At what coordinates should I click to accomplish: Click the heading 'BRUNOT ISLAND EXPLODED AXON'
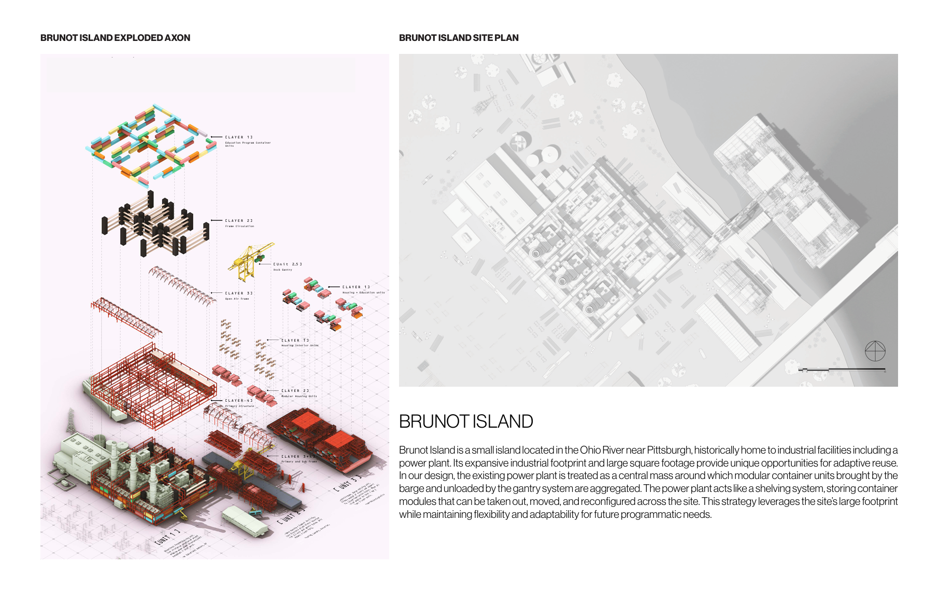click(115, 38)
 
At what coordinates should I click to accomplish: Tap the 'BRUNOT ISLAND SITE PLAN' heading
click(459, 38)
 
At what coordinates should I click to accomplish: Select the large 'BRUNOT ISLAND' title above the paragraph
click(466, 421)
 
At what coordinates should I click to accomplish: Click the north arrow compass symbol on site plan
click(875, 351)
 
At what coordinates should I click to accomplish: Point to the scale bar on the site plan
click(842, 370)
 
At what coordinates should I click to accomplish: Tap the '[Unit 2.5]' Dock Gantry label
click(288, 264)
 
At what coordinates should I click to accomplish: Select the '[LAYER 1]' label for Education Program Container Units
click(239, 137)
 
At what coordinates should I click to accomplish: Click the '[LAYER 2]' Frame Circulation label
click(239, 221)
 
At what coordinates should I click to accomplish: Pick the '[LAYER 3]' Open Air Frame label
click(239, 293)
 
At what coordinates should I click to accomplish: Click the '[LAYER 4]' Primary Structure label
click(239, 401)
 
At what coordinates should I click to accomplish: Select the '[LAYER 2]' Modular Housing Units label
click(295, 391)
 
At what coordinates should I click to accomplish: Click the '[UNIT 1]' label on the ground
click(167, 537)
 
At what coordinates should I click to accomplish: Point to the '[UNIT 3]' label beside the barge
click(346, 483)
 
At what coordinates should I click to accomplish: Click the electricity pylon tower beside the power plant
click(70, 420)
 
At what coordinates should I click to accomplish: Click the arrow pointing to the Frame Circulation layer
click(217, 221)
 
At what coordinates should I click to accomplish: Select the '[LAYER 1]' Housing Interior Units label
click(295, 341)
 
